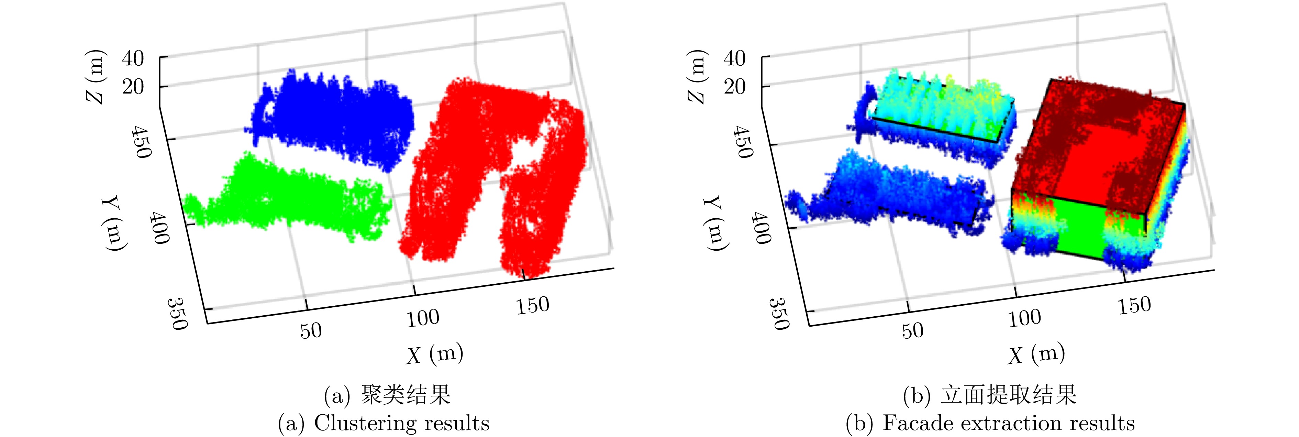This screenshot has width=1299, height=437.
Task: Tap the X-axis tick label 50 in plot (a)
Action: [311, 330]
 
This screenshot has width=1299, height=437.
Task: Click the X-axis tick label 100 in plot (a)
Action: [423, 318]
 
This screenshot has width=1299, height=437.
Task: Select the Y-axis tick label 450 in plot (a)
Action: [141, 142]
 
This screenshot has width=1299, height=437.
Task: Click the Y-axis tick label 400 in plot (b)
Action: [761, 228]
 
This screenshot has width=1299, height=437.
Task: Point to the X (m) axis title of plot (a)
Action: [435, 353]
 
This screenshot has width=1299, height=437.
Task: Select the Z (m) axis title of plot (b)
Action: [697, 77]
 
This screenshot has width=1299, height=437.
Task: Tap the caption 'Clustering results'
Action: [384, 423]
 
